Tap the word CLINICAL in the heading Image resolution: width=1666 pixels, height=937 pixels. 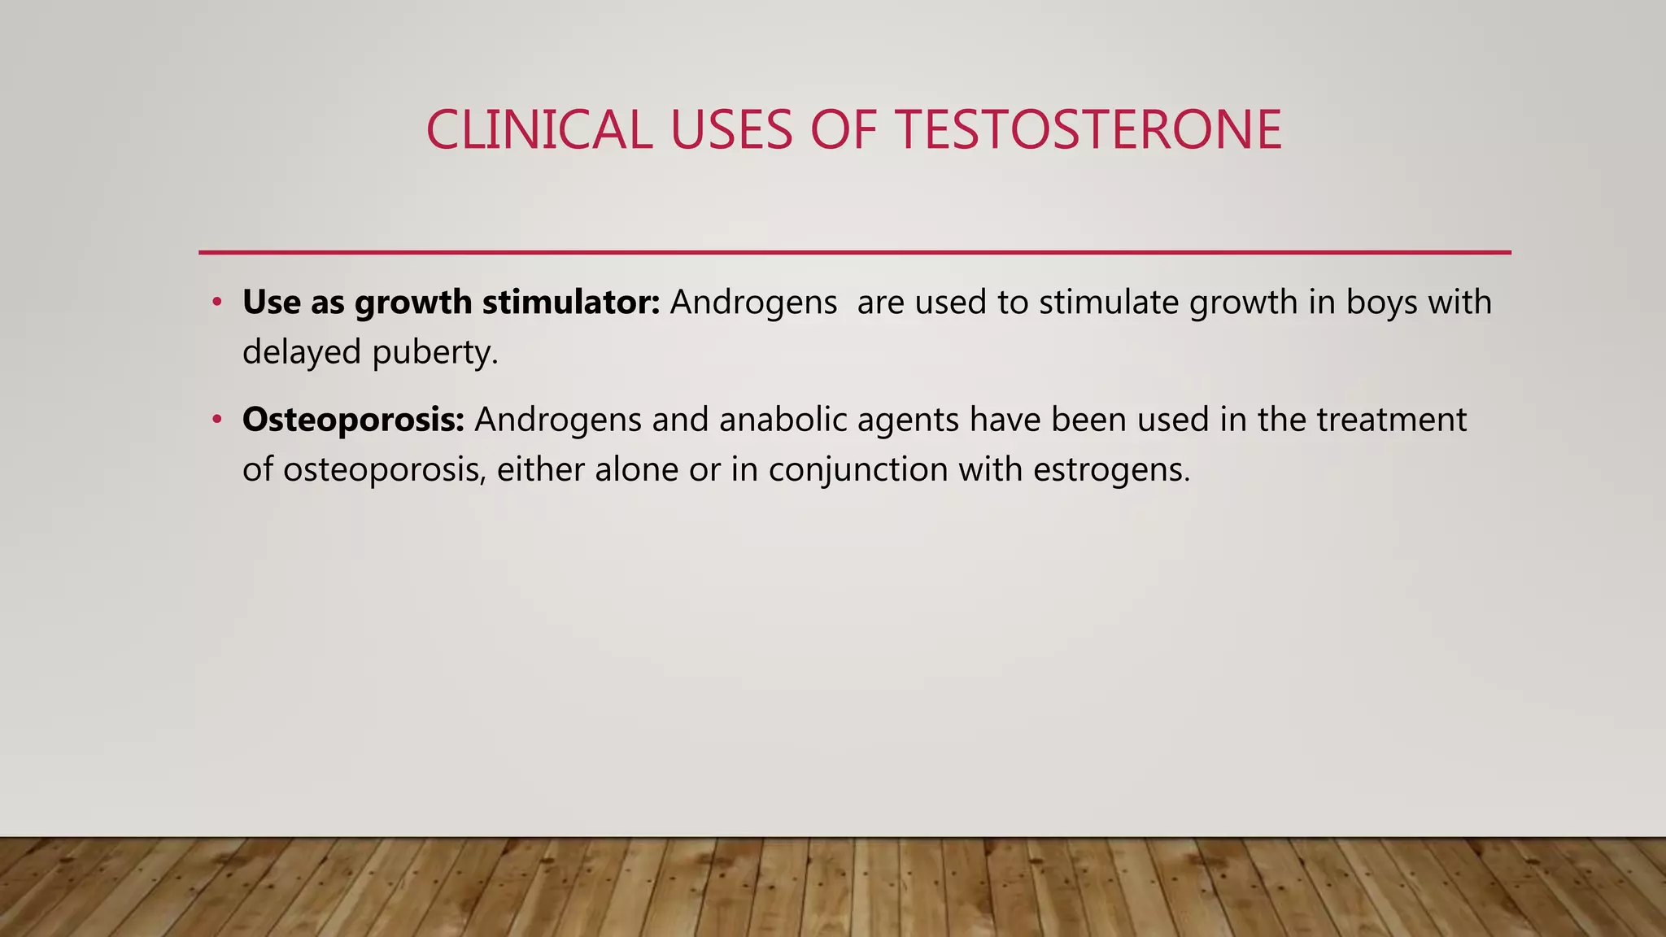coord(539,130)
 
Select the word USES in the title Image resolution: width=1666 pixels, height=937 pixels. coord(731,130)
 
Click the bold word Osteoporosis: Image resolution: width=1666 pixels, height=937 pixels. coord(353,420)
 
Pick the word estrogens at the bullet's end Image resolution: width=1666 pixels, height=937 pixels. coord(1111,470)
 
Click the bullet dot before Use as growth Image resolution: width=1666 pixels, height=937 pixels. coord(216,303)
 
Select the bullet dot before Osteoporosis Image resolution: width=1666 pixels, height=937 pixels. coord(216,420)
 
